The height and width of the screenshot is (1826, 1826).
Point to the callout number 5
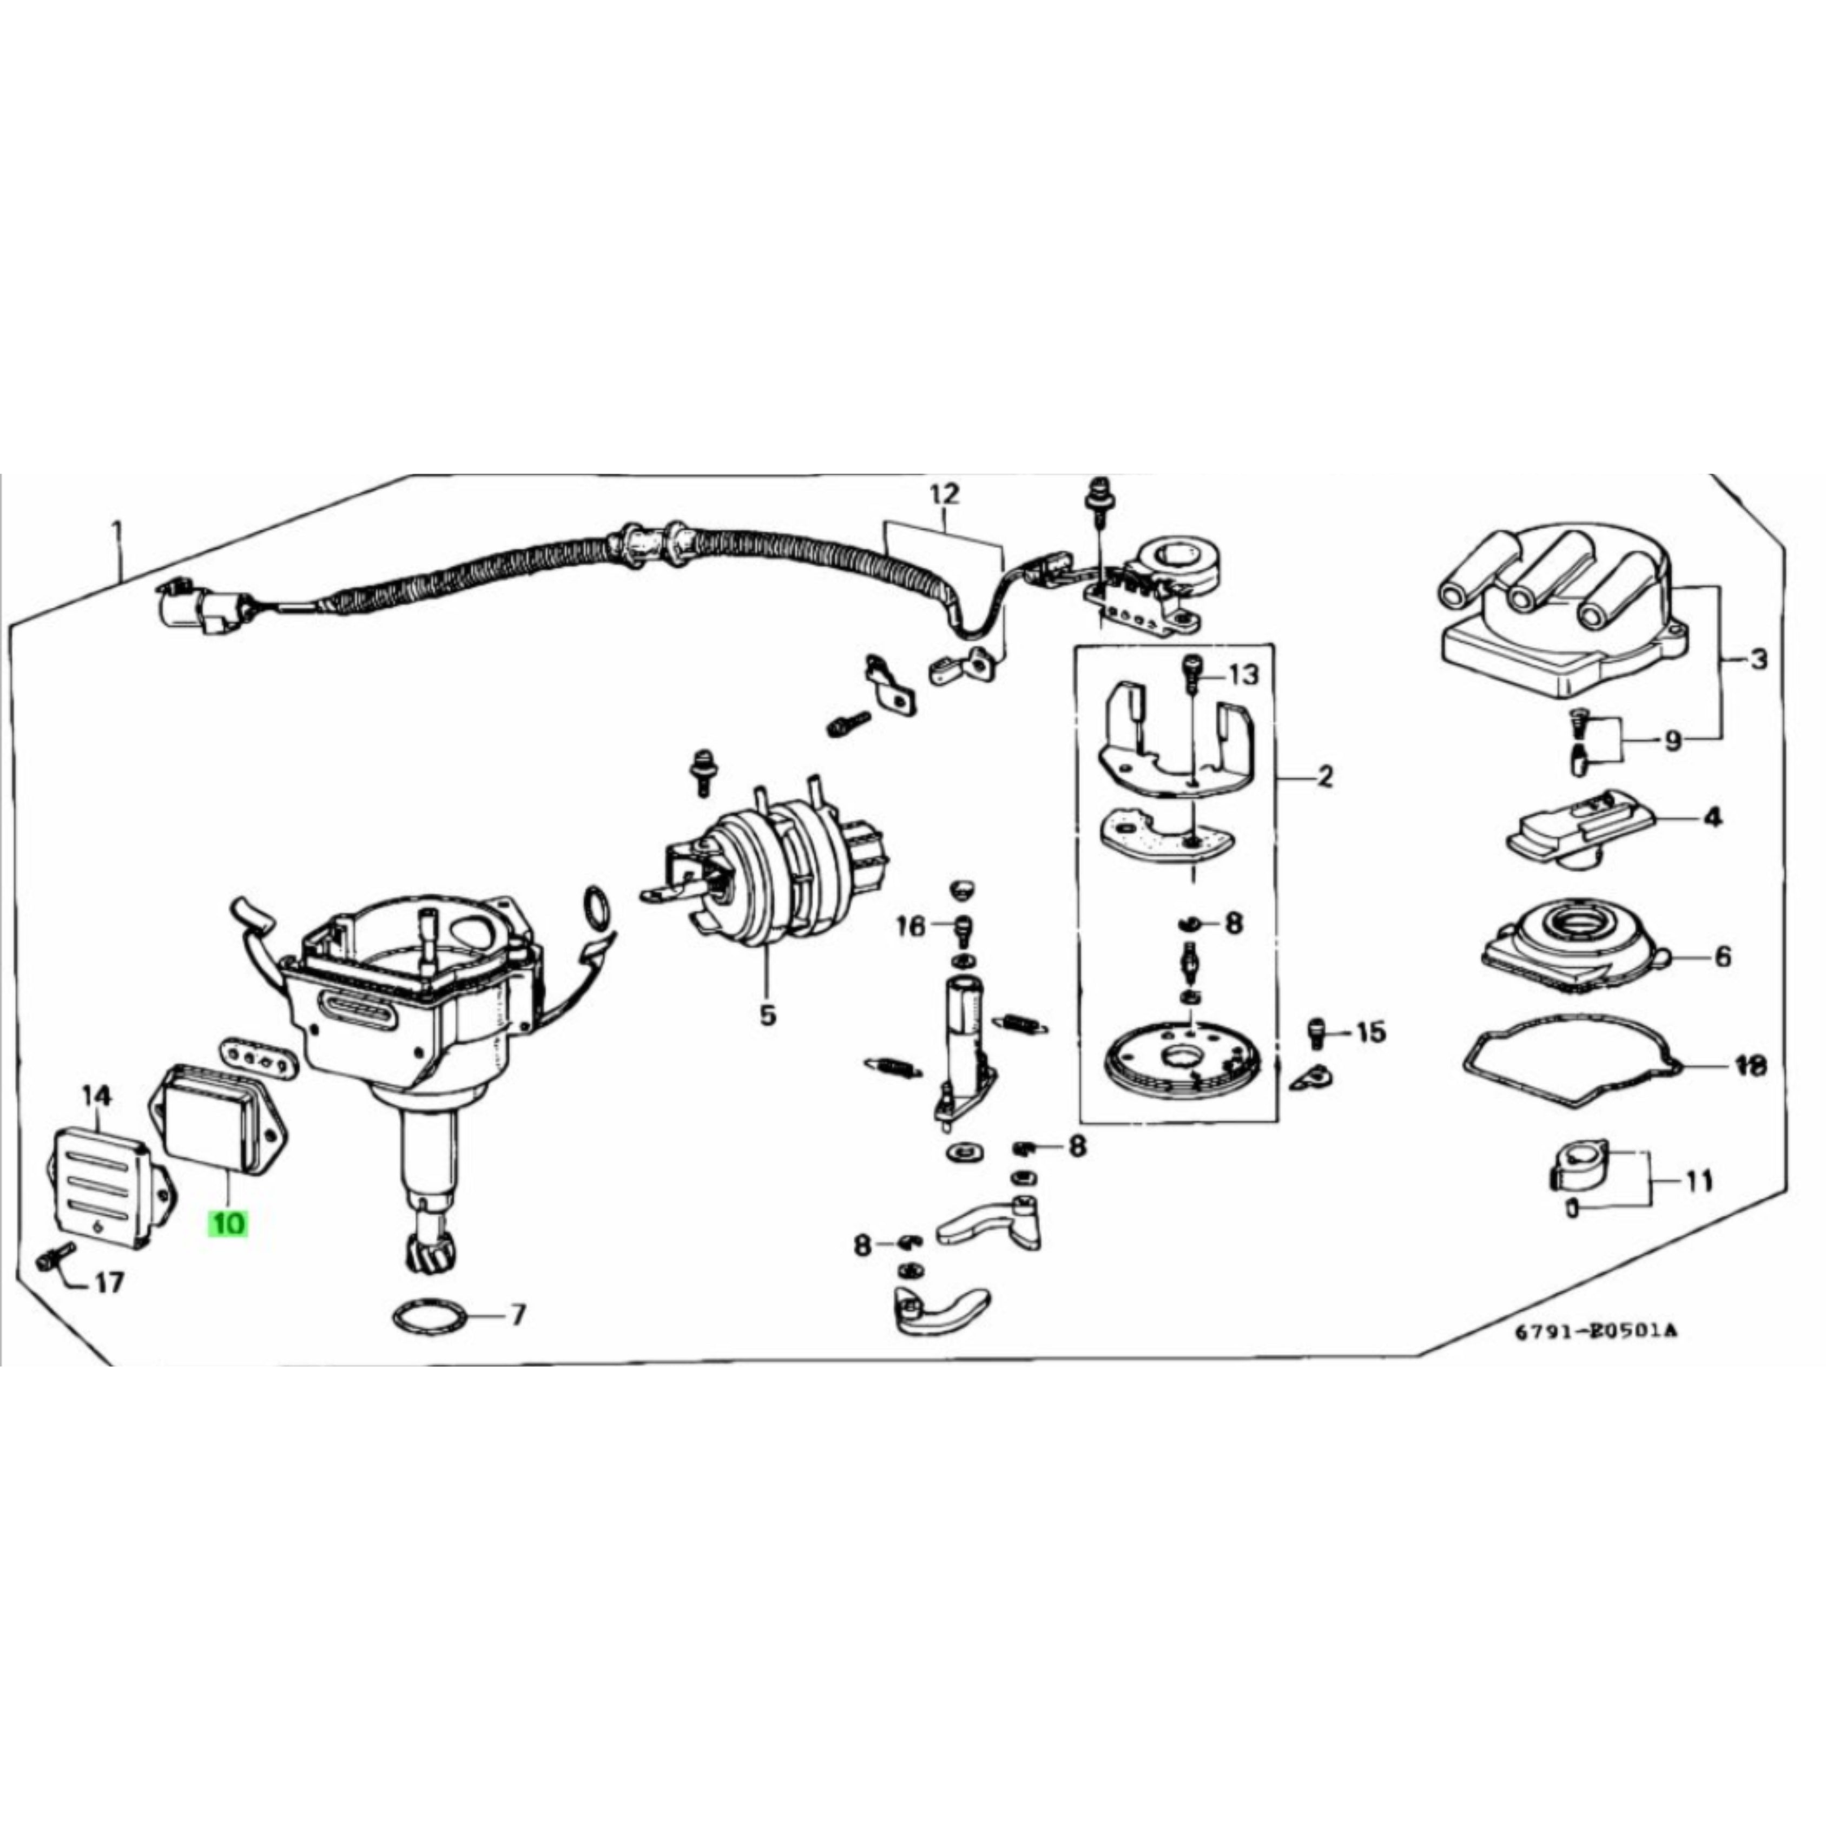[767, 1016]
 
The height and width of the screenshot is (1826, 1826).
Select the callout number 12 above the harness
[943, 493]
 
